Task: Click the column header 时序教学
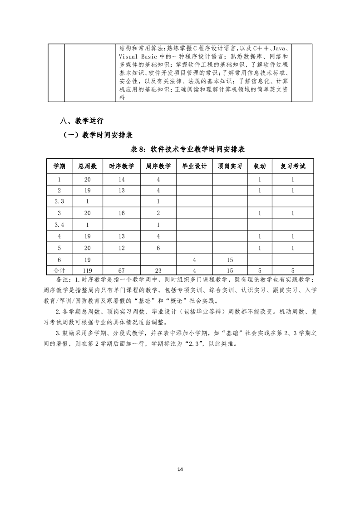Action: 121,166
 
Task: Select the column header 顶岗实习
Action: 229,166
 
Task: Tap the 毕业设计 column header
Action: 194,166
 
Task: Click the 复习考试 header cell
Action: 293,166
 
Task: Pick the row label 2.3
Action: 59,201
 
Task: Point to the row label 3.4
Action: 59,225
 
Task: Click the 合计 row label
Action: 59,270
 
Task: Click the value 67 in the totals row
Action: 121,270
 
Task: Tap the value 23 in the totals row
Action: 158,270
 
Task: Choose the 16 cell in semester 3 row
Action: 121,213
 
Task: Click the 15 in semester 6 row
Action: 229,259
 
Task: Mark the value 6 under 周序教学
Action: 158,248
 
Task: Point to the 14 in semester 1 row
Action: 121,180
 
